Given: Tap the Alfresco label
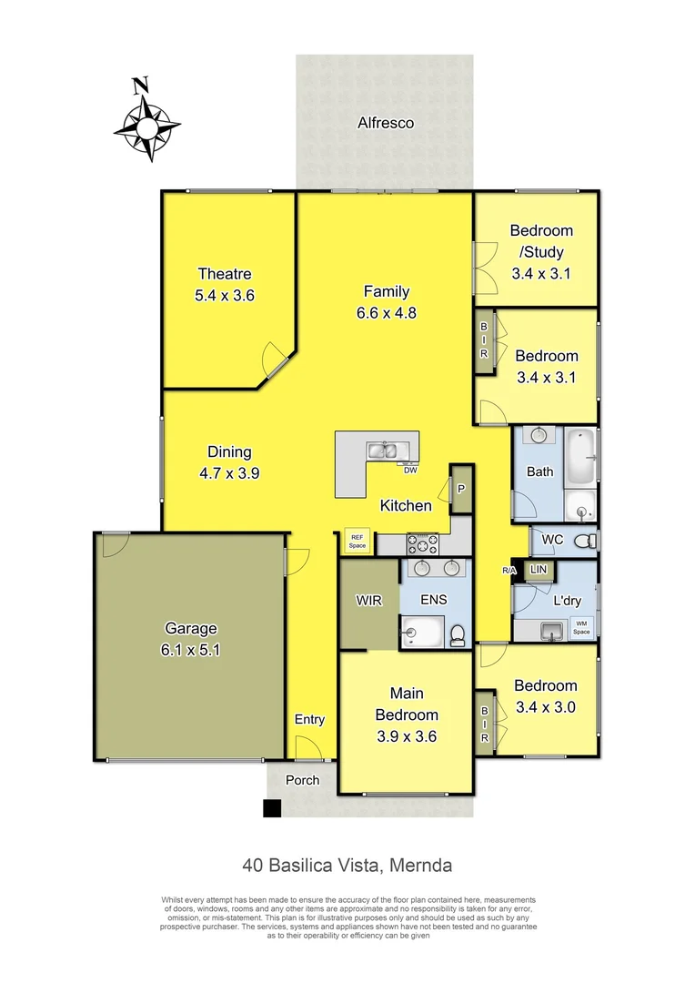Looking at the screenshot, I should coord(386,122).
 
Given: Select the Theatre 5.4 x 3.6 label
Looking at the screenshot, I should coord(224,284).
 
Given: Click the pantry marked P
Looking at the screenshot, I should coord(461,489).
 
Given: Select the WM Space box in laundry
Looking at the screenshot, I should coord(580,628).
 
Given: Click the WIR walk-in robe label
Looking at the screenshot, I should coord(368,602).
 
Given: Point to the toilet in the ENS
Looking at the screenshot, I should coord(458,632).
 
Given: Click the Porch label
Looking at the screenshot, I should coord(303,780).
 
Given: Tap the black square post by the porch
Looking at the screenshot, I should coord(272,807).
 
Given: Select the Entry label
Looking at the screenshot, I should coord(309,720).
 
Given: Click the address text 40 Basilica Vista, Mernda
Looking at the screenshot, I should coord(347,865).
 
